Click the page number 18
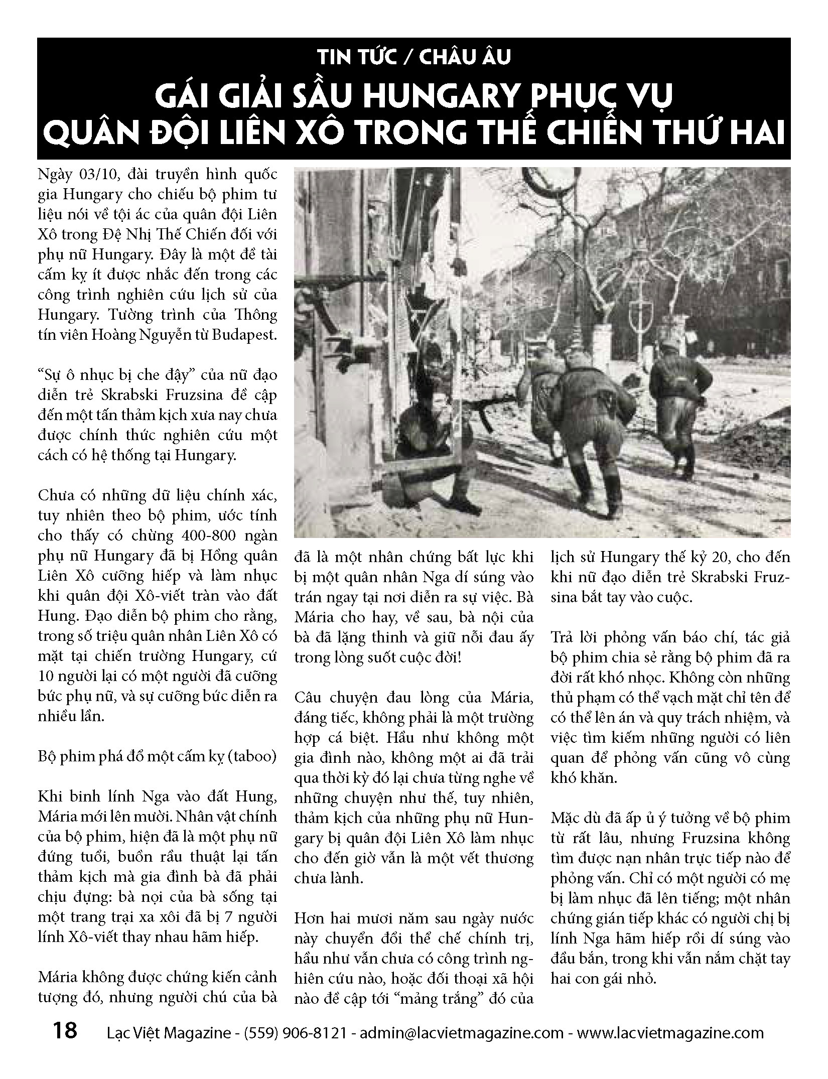[x=65, y=1031]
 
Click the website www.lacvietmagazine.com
[x=670, y=1033]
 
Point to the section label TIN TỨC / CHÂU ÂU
[x=413, y=57]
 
